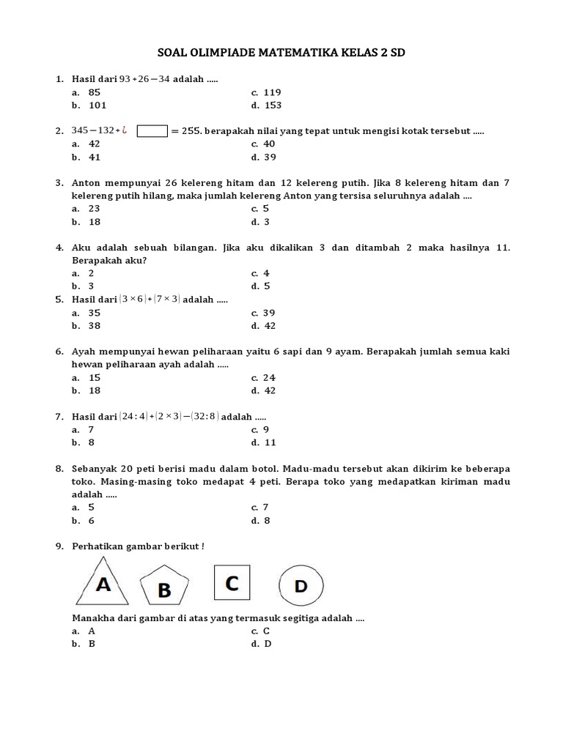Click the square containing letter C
point(232,583)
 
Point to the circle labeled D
point(301,585)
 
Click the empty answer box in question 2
point(152,131)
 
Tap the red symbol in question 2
point(125,130)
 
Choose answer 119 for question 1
point(272,92)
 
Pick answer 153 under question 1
point(272,105)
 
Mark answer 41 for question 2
point(94,157)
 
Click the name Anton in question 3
point(88,183)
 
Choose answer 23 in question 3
point(95,209)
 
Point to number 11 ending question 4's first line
point(502,248)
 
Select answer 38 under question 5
point(95,326)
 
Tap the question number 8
point(59,468)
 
